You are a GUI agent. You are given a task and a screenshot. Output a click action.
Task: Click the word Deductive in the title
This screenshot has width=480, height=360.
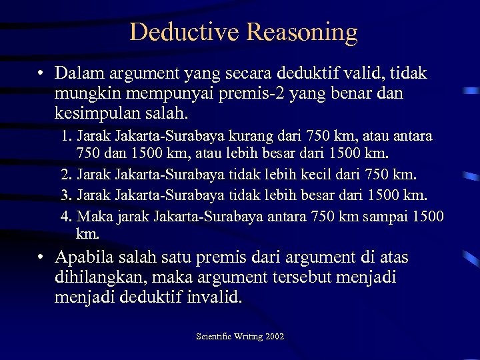click(185, 31)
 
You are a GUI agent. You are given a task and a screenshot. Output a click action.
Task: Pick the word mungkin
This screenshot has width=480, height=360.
click(83, 93)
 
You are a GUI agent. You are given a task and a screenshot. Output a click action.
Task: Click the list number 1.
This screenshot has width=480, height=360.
click(65, 136)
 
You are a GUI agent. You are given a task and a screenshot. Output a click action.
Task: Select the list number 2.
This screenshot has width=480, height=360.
click(65, 175)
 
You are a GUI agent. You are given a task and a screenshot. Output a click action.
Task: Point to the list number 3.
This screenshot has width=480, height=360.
click(65, 195)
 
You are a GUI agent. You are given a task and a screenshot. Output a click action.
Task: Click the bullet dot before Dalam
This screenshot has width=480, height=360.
click(41, 73)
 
